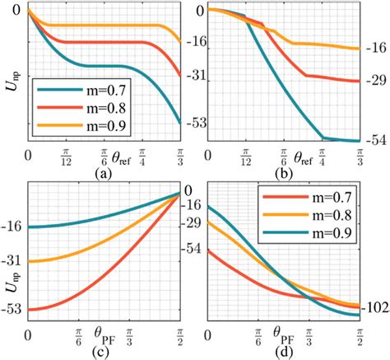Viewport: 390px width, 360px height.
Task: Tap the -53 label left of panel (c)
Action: tap(14, 310)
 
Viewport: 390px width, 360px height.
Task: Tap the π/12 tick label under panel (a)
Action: tap(65, 156)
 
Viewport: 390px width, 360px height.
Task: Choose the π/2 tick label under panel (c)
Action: tap(181, 336)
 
